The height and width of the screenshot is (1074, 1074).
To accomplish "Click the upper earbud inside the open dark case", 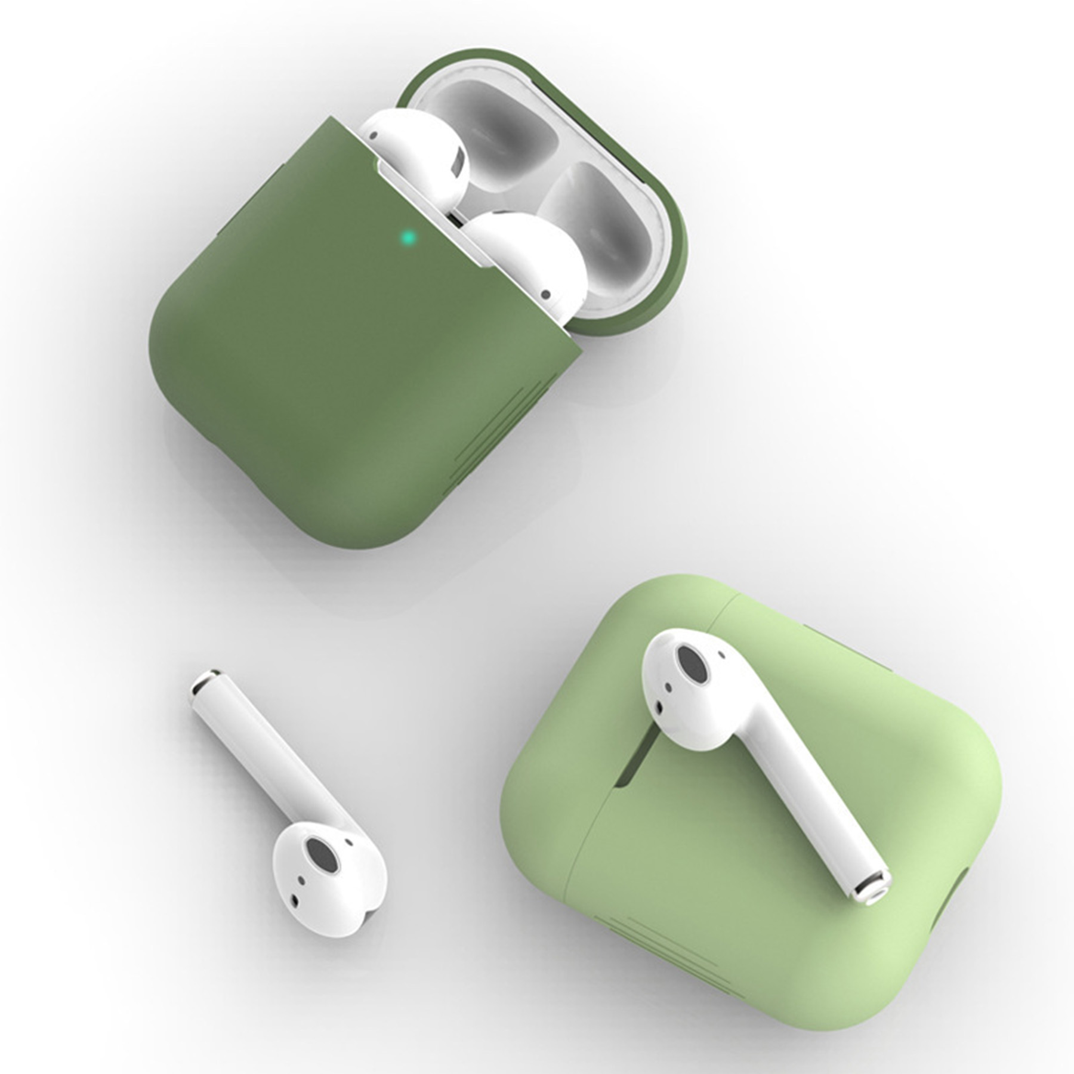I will coord(418,149).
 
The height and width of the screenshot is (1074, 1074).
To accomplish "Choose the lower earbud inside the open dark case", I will coord(525,263).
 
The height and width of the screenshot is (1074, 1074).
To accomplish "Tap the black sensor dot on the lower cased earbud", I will coord(545,294).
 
